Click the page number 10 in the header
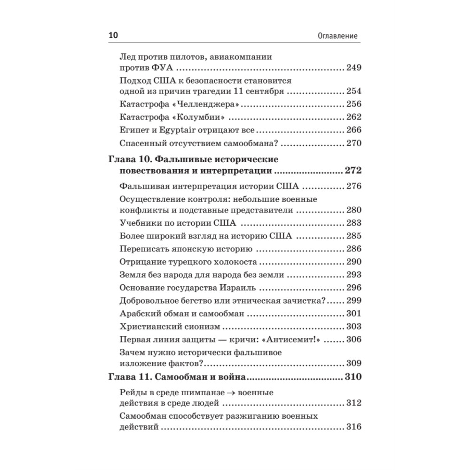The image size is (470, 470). (x=114, y=36)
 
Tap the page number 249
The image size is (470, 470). (x=353, y=68)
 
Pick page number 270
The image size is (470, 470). (x=353, y=143)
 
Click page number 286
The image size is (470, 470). (x=353, y=249)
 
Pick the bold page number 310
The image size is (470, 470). (x=352, y=377)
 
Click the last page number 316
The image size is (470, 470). (x=353, y=427)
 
